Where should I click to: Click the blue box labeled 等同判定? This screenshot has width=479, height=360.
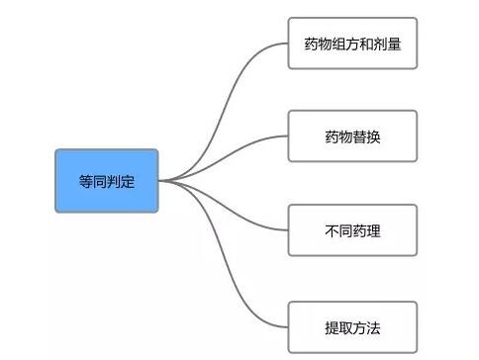(106, 180)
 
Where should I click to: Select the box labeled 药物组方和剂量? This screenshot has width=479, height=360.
(352, 44)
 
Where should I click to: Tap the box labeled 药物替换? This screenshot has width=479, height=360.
(352, 135)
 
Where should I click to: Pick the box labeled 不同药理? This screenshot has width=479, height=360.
(352, 230)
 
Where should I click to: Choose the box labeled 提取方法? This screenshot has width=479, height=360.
(352, 325)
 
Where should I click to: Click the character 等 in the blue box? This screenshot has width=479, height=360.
(86, 181)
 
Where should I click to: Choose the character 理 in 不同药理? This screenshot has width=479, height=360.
(373, 231)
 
